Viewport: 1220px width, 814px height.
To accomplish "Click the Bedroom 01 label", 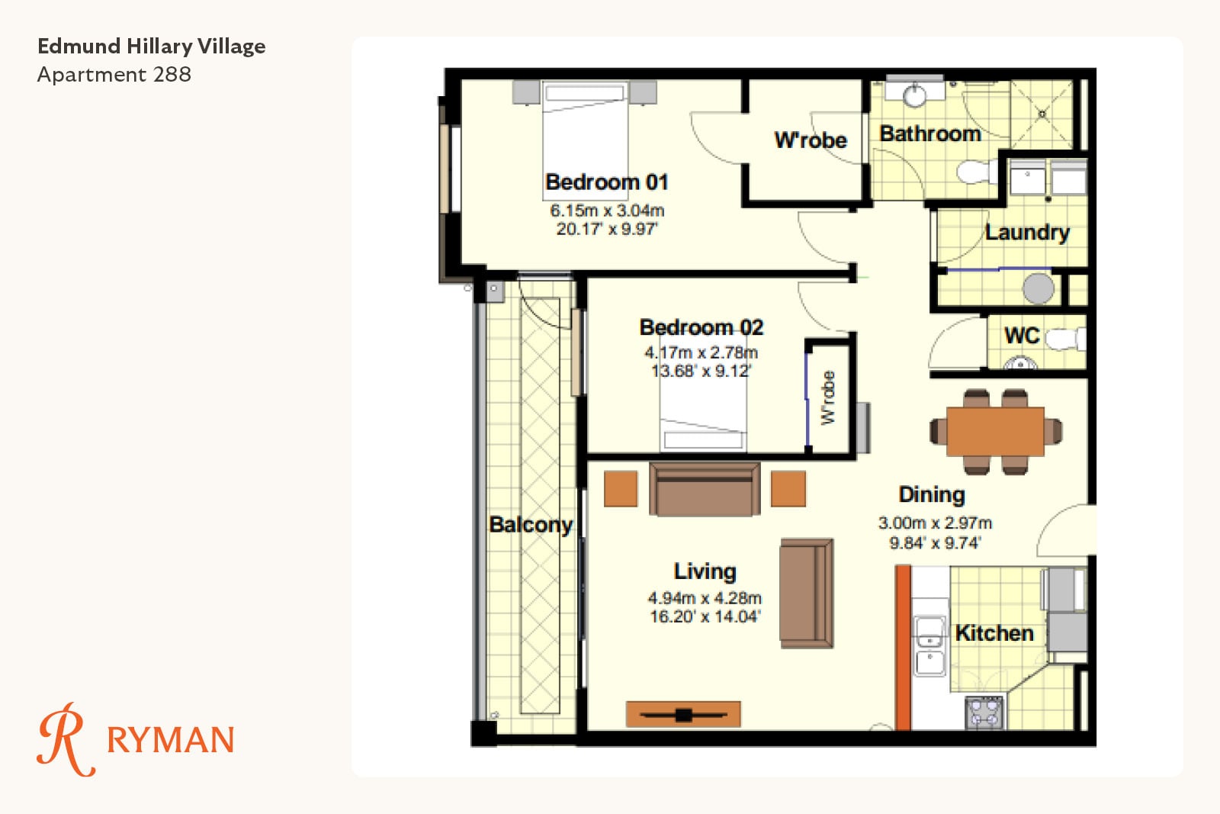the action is click(x=607, y=182).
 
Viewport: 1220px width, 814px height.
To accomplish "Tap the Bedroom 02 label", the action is click(x=701, y=327).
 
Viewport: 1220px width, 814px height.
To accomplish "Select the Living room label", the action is click(x=705, y=571).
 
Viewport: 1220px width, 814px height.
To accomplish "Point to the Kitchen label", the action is click(x=994, y=633).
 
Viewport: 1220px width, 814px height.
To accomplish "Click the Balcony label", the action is click(x=531, y=525).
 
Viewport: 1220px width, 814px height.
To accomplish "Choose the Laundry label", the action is click(x=1027, y=233).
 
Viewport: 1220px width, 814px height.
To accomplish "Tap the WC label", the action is click(x=1022, y=336).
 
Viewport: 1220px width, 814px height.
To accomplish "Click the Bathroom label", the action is click(x=930, y=134).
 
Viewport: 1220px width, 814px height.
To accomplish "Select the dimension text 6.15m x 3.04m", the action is click(x=607, y=211).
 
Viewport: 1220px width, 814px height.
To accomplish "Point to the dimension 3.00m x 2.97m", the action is click(x=935, y=523).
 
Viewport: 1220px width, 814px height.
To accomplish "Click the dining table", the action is click(x=996, y=432).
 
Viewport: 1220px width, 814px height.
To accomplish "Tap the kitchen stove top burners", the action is click(x=984, y=713).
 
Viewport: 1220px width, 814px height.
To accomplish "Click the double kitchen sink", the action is click(x=929, y=646).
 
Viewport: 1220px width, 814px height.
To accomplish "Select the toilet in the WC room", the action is click(x=1064, y=339).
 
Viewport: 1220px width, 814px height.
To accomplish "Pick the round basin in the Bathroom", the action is click(x=914, y=95).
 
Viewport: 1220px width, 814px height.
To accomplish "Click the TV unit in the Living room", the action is click(x=683, y=714).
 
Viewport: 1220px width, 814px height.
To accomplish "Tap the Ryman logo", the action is click(x=136, y=739).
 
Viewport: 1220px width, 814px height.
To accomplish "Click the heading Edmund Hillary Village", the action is click(x=152, y=47).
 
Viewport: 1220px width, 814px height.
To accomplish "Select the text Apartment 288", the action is click(x=114, y=75).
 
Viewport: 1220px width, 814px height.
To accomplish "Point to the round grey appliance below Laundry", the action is click(x=1038, y=288).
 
